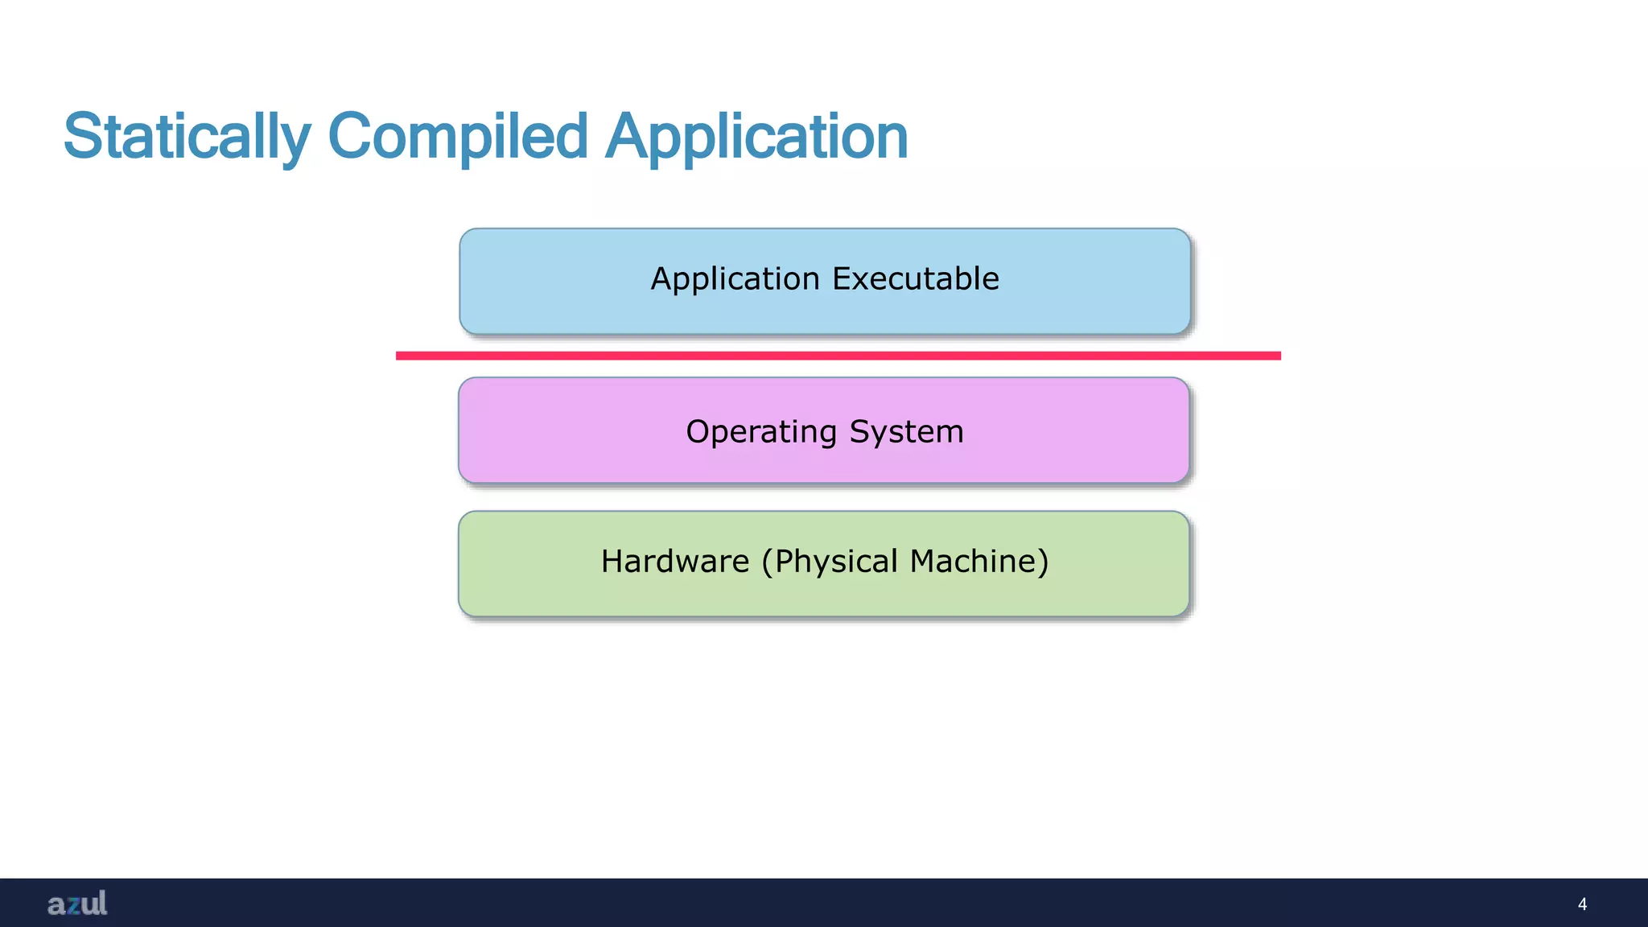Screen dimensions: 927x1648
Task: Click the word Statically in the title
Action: point(187,137)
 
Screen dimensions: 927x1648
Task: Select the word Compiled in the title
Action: point(458,137)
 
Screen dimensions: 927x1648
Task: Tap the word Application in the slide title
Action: point(756,137)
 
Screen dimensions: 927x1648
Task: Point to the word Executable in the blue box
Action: point(916,278)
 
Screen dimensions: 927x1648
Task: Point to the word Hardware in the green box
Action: point(675,561)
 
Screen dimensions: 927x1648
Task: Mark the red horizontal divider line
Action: point(838,356)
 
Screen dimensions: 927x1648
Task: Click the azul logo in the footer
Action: point(77,903)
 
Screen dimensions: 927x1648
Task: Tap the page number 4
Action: point(1582,904)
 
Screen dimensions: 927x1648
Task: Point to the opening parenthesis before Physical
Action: point(767,562)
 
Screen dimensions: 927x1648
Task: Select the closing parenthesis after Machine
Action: point(1043,562)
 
